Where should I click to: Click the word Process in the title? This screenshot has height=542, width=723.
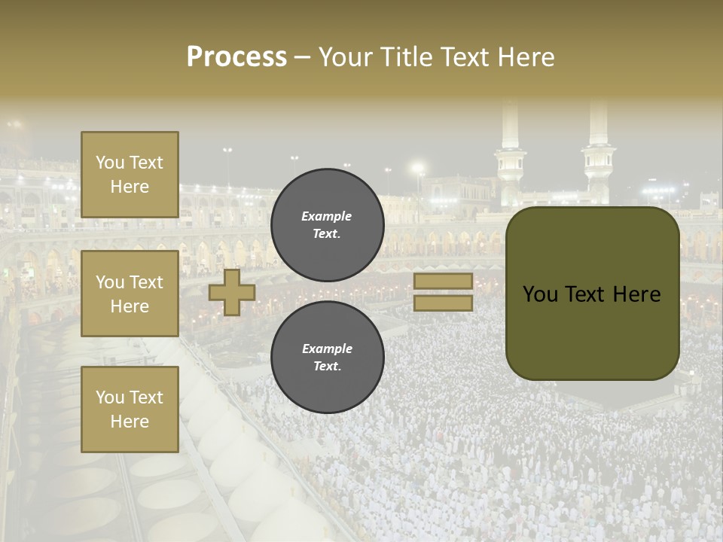point(236,57)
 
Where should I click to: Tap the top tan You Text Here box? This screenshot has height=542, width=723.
point(130,175)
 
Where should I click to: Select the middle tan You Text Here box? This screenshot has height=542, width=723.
point(130,294)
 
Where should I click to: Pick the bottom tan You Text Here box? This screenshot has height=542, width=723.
point(130,409)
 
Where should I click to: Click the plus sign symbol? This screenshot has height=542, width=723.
point(232,293)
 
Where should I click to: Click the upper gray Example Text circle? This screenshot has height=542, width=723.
point(327,225)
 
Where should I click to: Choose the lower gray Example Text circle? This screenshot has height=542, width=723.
point(327,358)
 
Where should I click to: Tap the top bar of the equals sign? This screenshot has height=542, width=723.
point(443,282)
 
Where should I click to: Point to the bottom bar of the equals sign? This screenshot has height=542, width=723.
point(443,303)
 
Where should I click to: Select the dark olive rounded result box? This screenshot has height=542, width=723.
point(592,294)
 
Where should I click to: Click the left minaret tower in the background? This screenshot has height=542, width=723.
point(510,154)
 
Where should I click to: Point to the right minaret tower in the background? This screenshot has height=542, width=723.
point(599,151)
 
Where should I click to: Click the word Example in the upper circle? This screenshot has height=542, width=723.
point(327,216)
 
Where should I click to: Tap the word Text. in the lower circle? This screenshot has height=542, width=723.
point(327,366)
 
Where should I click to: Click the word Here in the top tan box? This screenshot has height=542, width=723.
point(130,187)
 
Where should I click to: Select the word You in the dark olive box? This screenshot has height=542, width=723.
point(540,294)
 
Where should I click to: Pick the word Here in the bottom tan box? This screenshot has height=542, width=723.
point(130,422)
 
